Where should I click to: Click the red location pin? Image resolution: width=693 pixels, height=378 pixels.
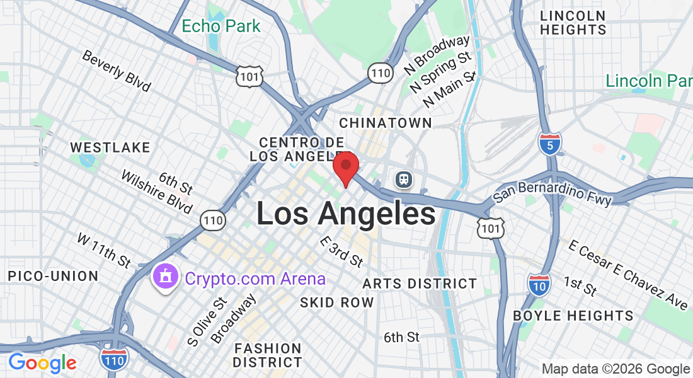point(345,167)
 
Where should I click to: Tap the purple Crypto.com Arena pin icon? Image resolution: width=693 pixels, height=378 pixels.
point(166,277)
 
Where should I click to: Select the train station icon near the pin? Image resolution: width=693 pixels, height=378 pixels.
point(403,180)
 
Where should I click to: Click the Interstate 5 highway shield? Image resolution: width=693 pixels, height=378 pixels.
point(550,144)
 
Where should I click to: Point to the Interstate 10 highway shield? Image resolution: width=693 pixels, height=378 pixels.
point(539,284)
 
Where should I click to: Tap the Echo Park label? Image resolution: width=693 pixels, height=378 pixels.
point(220,26)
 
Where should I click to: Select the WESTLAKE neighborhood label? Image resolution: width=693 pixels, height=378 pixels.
point(110,147)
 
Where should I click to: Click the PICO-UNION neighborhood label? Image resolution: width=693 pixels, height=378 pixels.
point(53,276)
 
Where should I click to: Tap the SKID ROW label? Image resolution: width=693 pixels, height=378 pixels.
point(336,302)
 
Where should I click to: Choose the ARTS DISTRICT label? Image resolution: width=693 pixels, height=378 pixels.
point(420,283)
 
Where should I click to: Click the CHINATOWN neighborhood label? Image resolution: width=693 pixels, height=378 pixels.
point(386,122)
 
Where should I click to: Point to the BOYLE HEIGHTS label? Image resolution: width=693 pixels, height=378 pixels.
point(573,316)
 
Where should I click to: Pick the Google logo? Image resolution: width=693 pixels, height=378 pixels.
point(42,363)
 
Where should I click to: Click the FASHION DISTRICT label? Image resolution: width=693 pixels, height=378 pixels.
point(267,355)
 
